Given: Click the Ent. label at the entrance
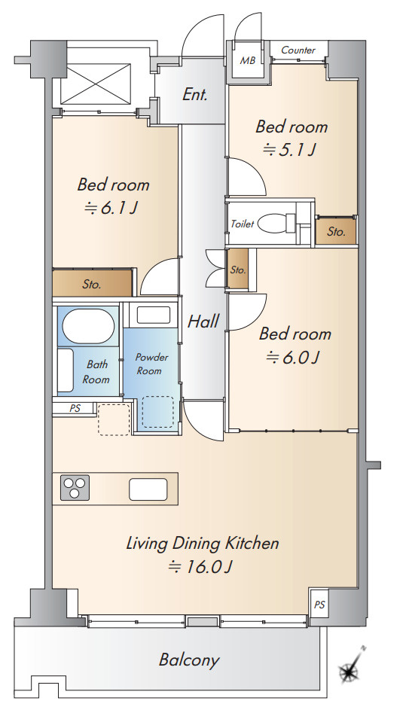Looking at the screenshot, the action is [x=195, y=95].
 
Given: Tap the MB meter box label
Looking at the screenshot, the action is [x=247, y=60].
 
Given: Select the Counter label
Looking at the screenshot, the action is [x=298, y=50].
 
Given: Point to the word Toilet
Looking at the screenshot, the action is [x=243, y=224].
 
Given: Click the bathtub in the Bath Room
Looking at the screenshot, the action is [x=88, y=326].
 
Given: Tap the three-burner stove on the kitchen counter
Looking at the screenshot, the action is [x=75, y=488].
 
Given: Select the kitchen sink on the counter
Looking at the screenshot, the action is [x=148, y=489].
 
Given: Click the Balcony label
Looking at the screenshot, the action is [x=189, y=660].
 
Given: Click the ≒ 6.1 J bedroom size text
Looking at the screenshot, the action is [x=111, y=208].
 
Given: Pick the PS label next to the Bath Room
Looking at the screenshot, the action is [x=75, y=408].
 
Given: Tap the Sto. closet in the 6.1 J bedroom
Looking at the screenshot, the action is [x=93, y=283].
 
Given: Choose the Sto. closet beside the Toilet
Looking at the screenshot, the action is [x=336, y=231].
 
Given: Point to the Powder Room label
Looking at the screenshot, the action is [x=151, y=364].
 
